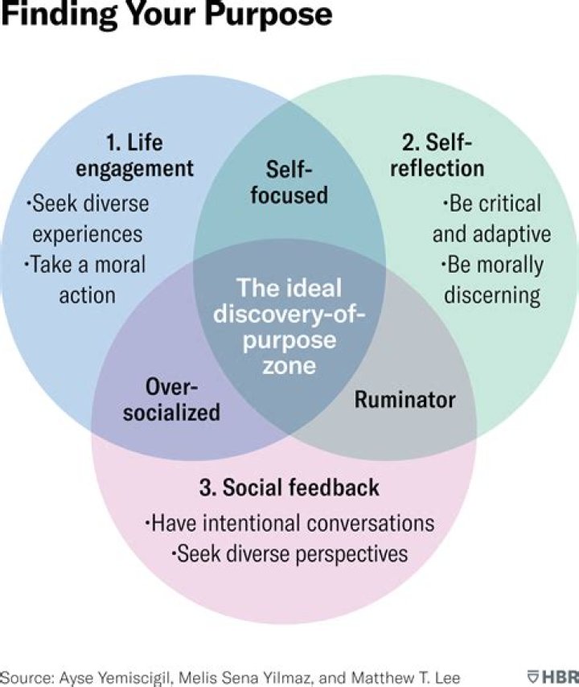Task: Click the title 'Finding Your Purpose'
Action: click(x=166, y=15)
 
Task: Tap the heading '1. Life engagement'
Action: click(x=150, y=155)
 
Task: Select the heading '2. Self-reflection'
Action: click(x=442, y=155)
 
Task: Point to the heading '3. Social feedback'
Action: click(x=289, y=487)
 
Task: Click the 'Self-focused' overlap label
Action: click(x=289, y=181)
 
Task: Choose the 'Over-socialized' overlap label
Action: click(x=183, y=399)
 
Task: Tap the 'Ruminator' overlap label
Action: click(x=404, y=399)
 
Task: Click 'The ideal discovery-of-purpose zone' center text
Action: click(x=289, y=326)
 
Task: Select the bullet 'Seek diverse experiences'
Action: click(x=88, y=218)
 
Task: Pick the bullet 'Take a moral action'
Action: click(x=88, y=279)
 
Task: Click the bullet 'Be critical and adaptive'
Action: click(x=491, y=219)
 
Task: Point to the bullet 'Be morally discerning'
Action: click(x=491, y=279)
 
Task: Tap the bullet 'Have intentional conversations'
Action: click(x=289, y=523)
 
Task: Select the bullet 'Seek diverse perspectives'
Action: click(x=289, y=553)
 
